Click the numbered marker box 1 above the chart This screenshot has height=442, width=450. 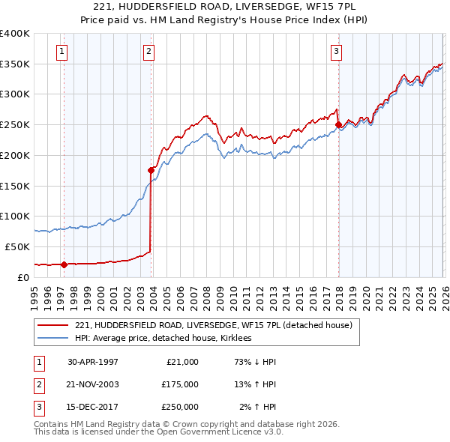61,51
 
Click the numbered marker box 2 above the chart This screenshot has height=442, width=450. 149,51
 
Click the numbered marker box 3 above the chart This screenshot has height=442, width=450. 337,51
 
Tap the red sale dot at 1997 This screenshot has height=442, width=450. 64,264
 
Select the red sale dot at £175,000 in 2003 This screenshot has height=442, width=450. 151,170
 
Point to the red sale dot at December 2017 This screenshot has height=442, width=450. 338,124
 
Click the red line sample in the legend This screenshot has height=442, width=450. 52,325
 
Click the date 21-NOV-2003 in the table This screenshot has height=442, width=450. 93,384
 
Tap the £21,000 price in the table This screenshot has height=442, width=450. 180,361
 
